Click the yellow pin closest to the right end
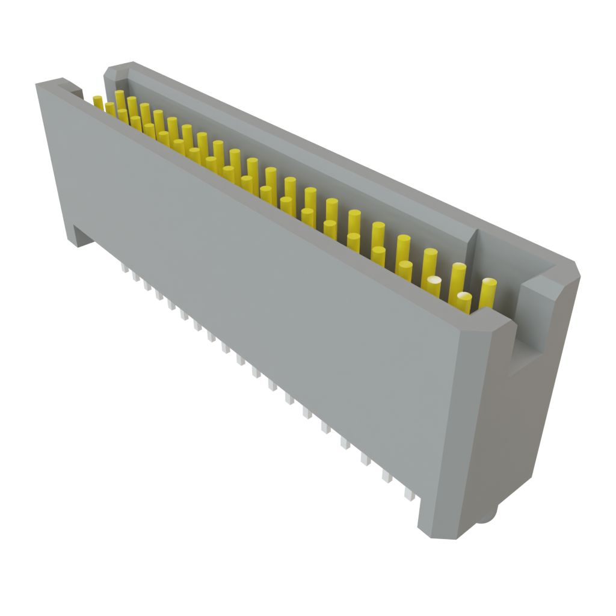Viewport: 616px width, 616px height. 488,293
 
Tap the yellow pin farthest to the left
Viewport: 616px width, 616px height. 97,100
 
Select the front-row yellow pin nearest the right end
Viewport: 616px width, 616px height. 464,303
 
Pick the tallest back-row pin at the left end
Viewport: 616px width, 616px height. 120,99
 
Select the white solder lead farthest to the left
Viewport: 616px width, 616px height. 125,266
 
